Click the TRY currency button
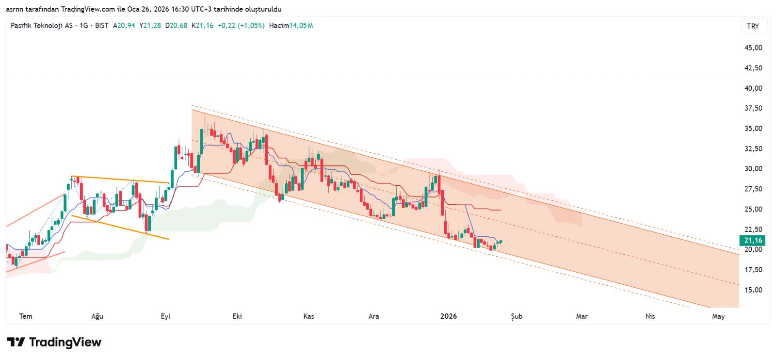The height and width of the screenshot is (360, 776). coord(753,26)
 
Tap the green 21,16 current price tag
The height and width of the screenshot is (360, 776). coord(753,240)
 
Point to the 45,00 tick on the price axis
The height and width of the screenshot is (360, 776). coord(753,48)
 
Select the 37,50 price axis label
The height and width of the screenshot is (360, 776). coord(753,108)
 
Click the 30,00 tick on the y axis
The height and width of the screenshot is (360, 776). coord(753,169)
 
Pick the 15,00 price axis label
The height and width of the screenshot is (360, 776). coord(753,290)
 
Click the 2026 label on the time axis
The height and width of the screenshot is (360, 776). coord(448,316)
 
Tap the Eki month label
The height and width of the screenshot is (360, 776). coord(237,316)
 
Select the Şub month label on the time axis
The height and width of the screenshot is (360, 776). coord(517,316)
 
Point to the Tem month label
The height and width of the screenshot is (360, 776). coord(26,316)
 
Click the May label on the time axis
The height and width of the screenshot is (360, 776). coord(718,316)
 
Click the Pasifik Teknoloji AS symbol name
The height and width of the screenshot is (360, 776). coord(42,26)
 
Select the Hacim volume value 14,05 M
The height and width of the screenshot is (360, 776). coord(301,26)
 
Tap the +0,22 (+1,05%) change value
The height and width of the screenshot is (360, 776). coord(241,26)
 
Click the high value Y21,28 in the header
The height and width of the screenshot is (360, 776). coord(150,26)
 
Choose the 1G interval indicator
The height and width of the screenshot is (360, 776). coord(84,26)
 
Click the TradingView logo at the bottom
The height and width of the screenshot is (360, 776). coord(54,342)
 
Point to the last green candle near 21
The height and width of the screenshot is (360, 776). coord(500,241)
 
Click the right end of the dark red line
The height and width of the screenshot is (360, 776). coord(500,210)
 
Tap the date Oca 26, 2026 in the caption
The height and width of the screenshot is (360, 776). coord(146,9)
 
